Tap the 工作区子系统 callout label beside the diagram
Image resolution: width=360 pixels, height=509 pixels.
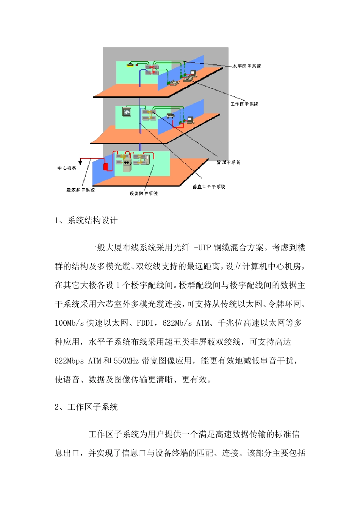[244, 104]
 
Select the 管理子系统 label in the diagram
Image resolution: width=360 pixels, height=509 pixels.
[229, 162]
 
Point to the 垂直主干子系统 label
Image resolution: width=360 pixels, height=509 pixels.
[209, 187]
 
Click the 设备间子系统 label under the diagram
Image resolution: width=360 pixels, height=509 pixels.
[144, 194]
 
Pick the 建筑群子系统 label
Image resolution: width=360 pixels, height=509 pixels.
[80, 190]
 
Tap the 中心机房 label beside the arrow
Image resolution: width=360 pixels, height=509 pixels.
[67, 168]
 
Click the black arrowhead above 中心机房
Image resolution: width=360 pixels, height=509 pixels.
[81, 159]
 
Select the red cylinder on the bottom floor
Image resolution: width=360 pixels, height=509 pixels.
[106, 166]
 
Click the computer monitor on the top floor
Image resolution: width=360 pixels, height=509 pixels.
[193, 73]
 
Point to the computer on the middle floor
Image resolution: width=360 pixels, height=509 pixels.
[190, 120]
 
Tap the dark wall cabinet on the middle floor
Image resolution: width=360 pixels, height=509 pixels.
[127, 112]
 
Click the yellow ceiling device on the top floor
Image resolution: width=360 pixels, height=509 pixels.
[130, 65]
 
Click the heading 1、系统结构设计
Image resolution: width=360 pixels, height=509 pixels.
[86, 220]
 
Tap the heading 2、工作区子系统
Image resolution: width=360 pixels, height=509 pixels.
[86, 407]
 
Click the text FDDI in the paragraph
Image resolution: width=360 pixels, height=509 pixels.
[145, 323]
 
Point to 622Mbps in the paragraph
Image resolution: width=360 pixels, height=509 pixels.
[69, 361]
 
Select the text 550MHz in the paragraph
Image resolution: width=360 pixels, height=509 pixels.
[126, 361]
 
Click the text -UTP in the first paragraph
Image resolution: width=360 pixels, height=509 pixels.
[202, 248]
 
